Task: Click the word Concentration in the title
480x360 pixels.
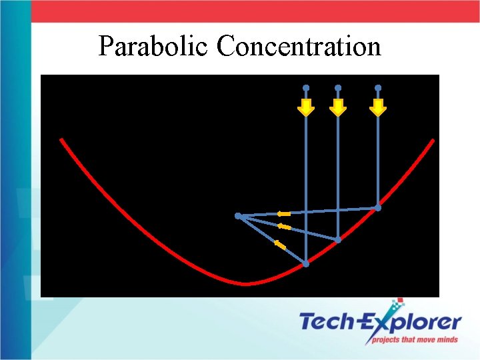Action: (299, 47)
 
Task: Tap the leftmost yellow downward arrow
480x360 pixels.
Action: (306, 107)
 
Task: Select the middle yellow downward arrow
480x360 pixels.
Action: (338, 107)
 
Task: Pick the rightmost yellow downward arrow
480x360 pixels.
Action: (378, 107)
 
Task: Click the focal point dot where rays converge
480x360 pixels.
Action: (238, 216)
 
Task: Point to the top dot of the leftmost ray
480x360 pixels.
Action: (306, 87)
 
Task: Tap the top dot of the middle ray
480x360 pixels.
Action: (338, 87)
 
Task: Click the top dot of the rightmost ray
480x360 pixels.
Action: (378, 87)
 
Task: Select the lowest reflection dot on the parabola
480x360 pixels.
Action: (306, 264)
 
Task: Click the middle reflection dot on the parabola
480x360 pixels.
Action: (338, 239)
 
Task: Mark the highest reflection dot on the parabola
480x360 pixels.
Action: (378, 208)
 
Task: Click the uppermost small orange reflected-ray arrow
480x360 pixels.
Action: (284, 213)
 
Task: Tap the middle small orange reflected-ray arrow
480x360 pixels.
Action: (284, 227)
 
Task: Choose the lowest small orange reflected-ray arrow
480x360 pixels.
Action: (281, 246)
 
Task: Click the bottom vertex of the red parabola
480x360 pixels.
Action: (245, 284)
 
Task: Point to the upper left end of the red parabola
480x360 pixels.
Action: (61, 140)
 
